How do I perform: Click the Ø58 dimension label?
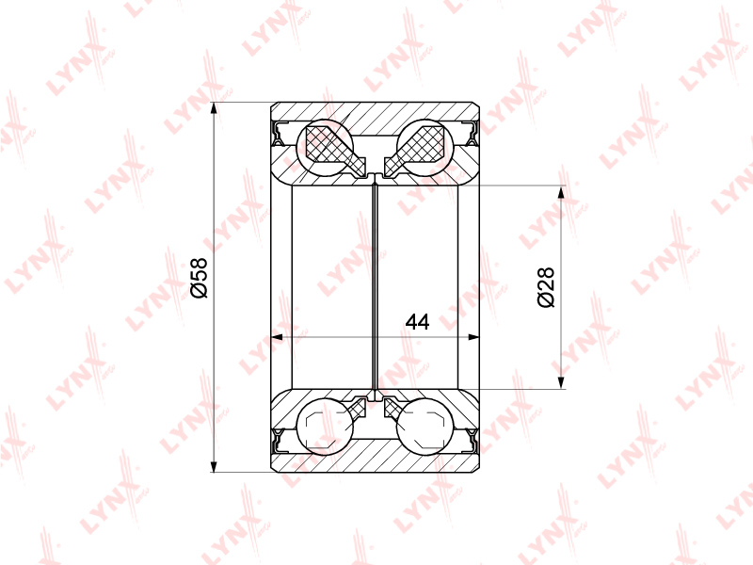199,277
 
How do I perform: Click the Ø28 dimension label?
546,287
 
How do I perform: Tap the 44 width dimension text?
417,322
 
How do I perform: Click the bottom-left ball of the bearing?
325,426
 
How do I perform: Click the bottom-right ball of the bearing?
425,426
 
